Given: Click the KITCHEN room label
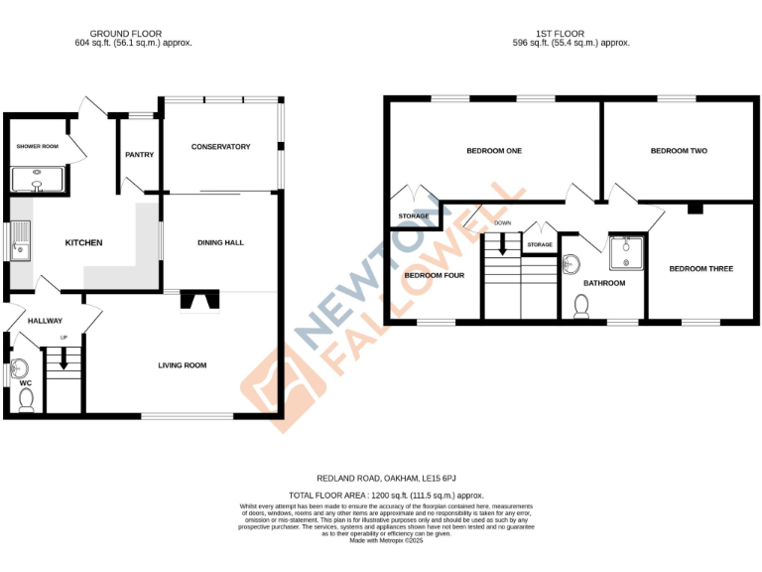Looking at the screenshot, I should coord(84,243).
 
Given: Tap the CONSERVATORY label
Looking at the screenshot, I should coord(220,147).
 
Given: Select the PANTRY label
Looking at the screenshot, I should coord(139,155).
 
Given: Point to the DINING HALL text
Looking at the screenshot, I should coord(221,242).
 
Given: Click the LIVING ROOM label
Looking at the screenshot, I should coord(182,365).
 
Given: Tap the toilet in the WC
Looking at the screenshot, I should coord(27,399).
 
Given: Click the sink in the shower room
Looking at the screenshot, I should coord(36,181).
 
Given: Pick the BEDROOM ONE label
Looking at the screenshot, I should coord(494,151).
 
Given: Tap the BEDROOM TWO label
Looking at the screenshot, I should coord(679,151).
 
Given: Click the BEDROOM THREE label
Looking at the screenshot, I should coord(700,268).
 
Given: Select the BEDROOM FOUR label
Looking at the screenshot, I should coord(434,275).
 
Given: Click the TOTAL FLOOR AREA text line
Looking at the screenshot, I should coord(385,495).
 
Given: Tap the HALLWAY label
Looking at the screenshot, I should coord(45,321).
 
